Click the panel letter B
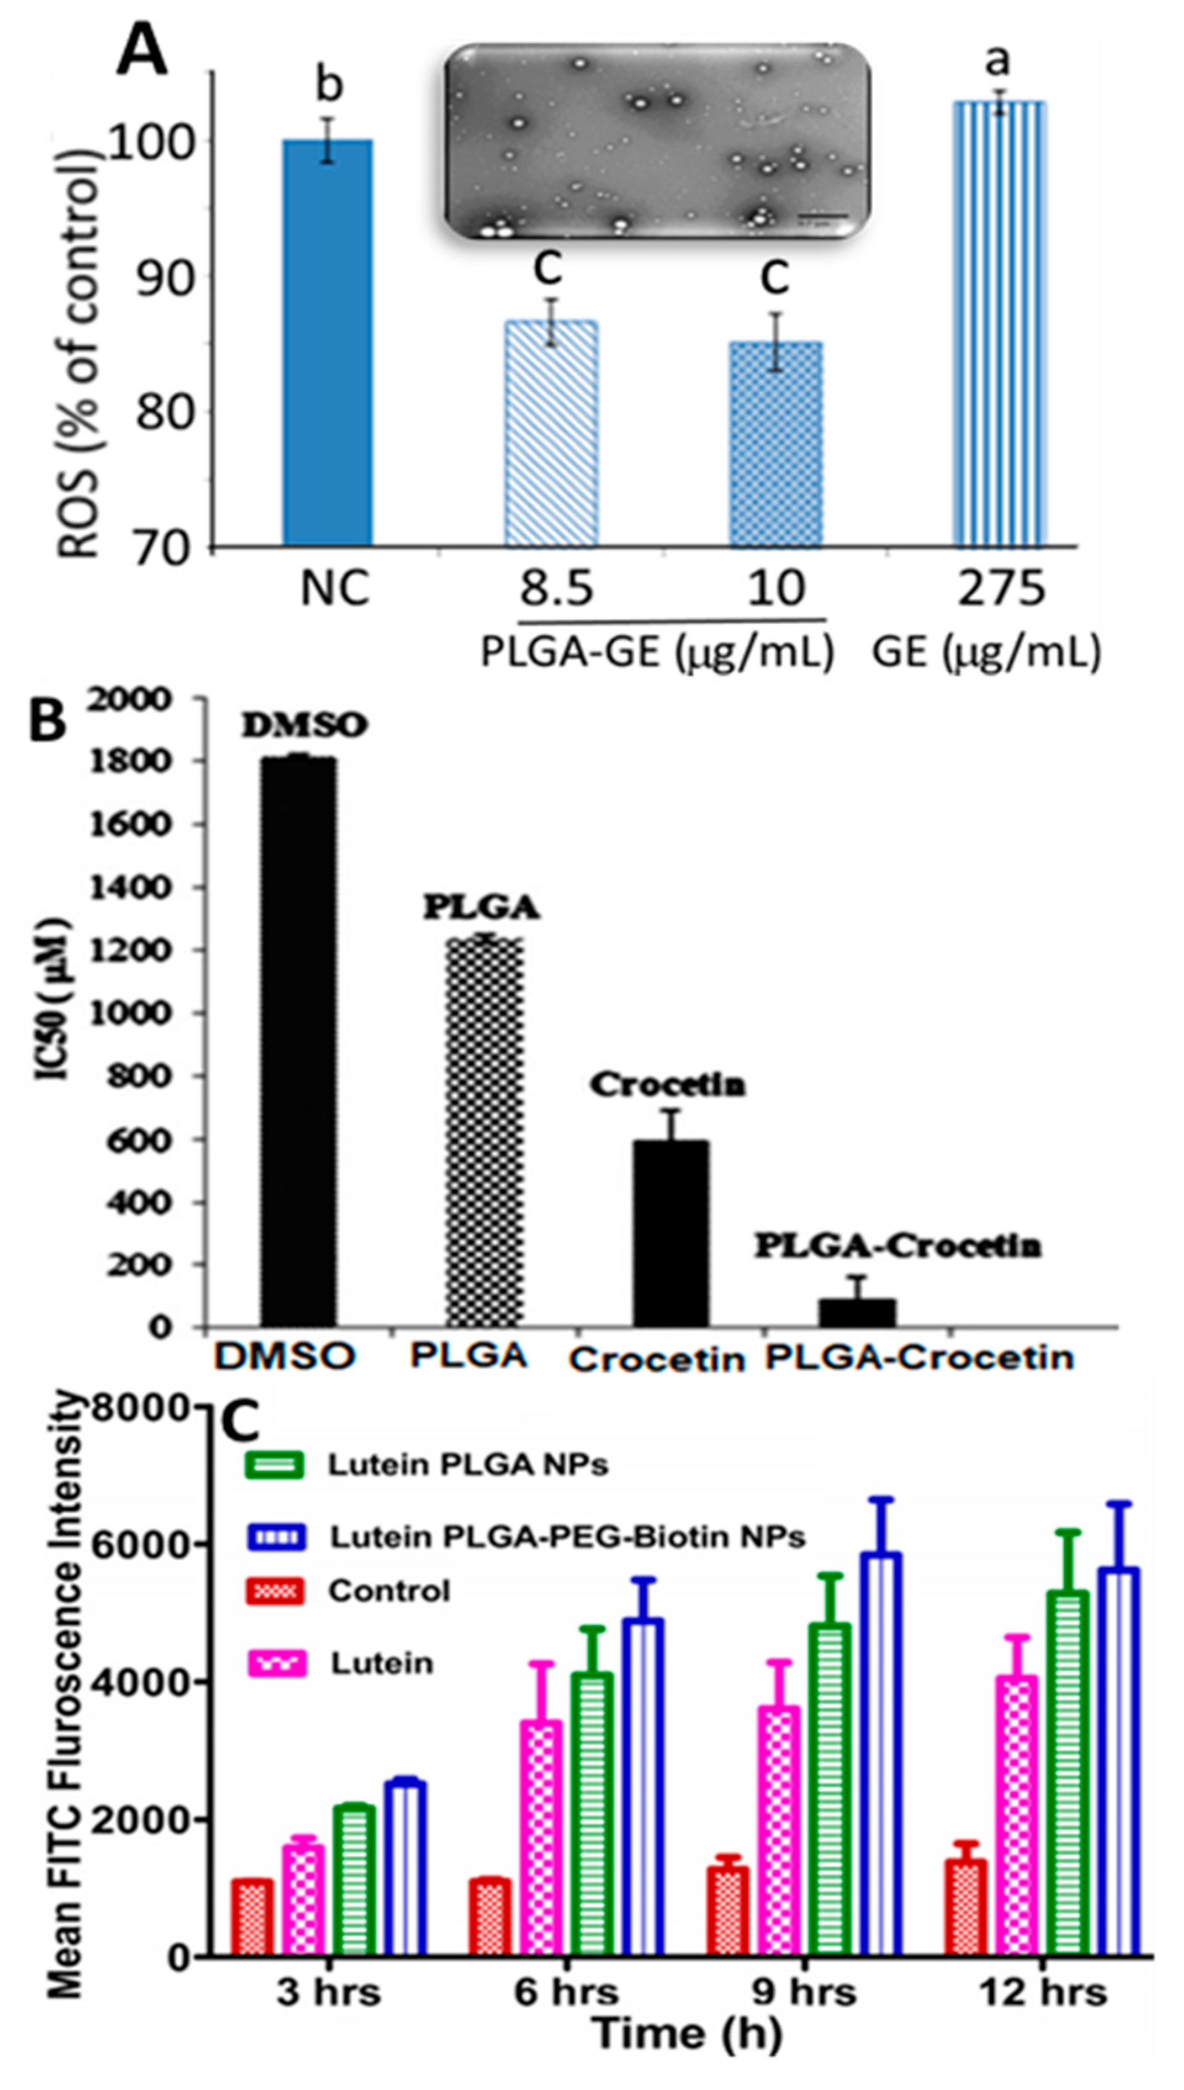pyautogui.click(x=47, y=721)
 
